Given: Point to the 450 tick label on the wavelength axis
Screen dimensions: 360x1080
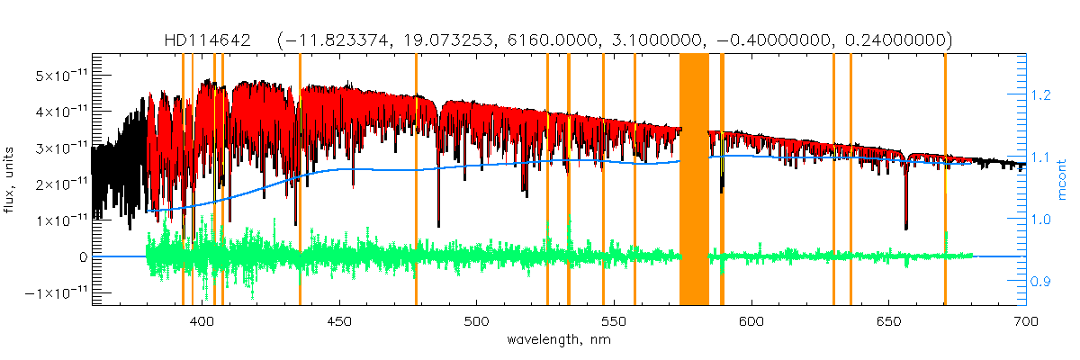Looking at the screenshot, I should click(x=339, y=320).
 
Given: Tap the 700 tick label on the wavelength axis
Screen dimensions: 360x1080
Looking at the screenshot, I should click(x=1026, y=320).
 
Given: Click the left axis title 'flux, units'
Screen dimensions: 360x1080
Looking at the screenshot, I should click(x=11, y=180).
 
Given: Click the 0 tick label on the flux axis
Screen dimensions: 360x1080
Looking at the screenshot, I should click(x=82, y=256).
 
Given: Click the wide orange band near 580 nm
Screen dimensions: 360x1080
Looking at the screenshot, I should click(x=694, y=180).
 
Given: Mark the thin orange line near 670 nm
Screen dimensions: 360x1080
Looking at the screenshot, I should click(x=945, y=180).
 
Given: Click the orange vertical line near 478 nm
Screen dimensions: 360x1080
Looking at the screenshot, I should click(x=416, y=180).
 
